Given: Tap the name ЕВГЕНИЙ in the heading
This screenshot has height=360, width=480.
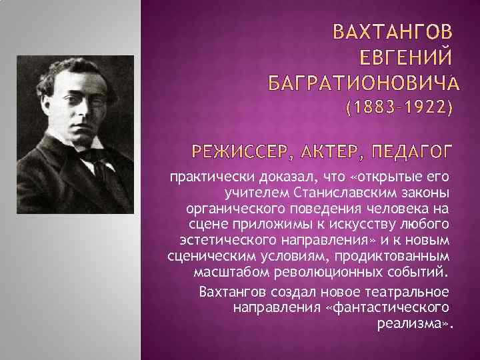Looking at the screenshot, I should [407, 57].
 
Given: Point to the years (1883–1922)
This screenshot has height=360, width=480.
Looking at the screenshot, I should [397, 109].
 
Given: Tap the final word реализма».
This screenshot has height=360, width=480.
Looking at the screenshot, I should [415, 324].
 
